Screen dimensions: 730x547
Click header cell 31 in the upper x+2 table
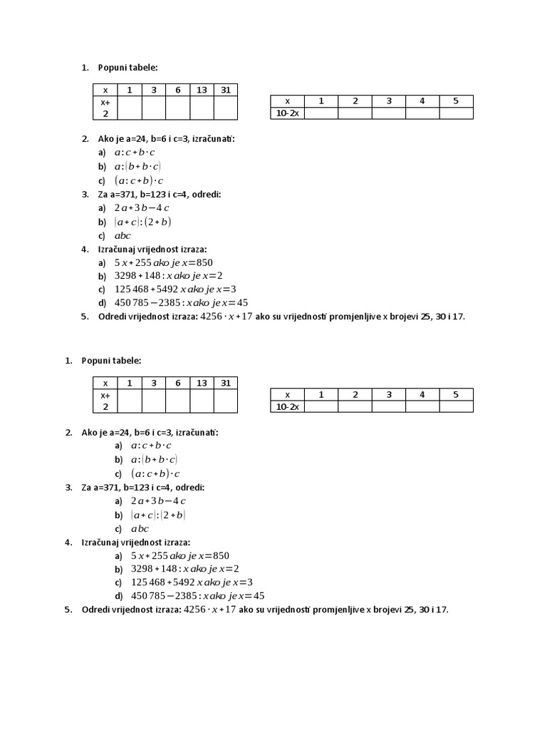225,90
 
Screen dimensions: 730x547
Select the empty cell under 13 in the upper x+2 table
202,108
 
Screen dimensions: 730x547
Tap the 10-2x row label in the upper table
288,113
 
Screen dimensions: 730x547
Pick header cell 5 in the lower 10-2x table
456,394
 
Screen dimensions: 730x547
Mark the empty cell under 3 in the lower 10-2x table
389,406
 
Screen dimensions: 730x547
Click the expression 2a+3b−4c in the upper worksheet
141,208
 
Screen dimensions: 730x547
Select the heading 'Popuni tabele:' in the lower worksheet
112,361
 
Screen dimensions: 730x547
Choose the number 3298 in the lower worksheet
145,569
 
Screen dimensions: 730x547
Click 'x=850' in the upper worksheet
197,262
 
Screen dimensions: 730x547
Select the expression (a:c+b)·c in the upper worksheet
138,180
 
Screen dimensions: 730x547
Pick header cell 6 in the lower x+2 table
177,383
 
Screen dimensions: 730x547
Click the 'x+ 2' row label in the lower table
105,401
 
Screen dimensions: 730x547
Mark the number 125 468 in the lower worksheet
148,582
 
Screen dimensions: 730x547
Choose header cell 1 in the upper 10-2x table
321,101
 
